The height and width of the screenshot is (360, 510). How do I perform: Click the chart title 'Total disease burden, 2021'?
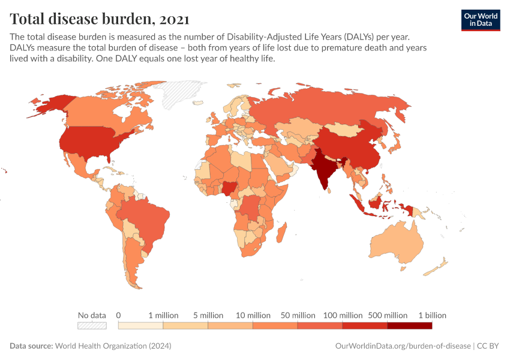100,19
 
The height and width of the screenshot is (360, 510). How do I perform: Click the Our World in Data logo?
480,20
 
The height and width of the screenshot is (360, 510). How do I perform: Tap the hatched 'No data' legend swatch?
92,326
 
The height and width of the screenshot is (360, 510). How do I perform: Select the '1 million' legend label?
163,315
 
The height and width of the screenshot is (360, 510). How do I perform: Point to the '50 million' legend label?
298,315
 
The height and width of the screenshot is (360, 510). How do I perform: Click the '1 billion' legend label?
432,315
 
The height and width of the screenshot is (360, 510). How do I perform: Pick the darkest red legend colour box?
410,326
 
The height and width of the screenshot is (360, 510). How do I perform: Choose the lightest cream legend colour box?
140,326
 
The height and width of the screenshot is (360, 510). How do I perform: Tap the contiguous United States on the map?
90,141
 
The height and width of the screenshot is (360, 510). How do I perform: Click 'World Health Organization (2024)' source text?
113,346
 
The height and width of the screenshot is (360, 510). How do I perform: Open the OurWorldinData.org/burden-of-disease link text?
401,346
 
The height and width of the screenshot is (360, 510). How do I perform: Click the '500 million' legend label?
388,315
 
